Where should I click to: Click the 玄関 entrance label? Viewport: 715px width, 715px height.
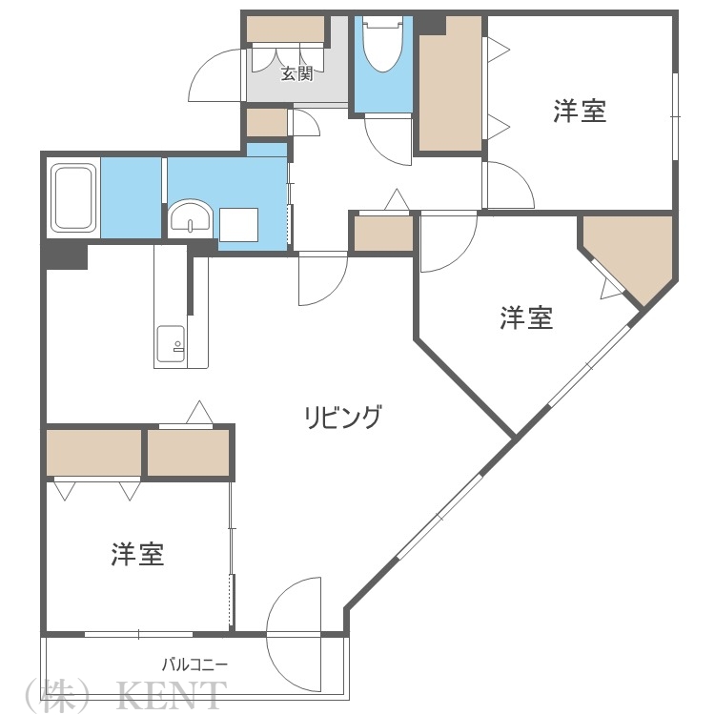296,73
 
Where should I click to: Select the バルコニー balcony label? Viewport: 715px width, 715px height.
194,664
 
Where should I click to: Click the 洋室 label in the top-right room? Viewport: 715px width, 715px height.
580,112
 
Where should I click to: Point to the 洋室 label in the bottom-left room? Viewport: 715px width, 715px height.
137,555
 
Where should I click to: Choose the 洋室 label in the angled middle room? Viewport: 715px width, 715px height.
526,317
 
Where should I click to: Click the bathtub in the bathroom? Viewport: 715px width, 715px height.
73,197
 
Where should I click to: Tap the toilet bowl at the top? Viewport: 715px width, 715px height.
382,48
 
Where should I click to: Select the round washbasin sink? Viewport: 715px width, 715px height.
193,217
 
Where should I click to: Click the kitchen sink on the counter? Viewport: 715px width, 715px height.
171,342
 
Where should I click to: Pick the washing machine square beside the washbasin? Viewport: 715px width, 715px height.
238,225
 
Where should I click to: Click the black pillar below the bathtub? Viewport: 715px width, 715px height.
64,255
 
